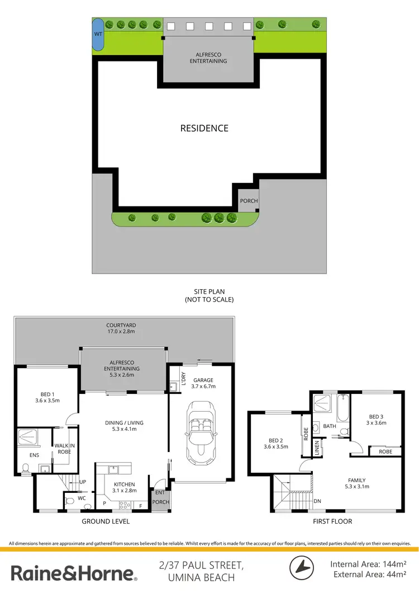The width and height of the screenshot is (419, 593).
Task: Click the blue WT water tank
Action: [98, 34]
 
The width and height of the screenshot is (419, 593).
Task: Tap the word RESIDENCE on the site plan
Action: [204, 128]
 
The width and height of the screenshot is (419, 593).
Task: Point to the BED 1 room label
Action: [47, 397]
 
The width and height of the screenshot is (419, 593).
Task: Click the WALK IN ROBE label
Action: [64, 448]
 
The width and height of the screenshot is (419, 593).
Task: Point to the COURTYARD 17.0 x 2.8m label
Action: [121, 328]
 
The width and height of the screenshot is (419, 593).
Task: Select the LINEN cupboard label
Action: [317, 448]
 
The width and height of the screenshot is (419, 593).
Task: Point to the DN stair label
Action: [317, 501]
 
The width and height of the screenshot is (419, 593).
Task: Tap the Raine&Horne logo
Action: [73, 573]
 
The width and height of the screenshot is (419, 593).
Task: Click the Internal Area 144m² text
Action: [368, 564]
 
